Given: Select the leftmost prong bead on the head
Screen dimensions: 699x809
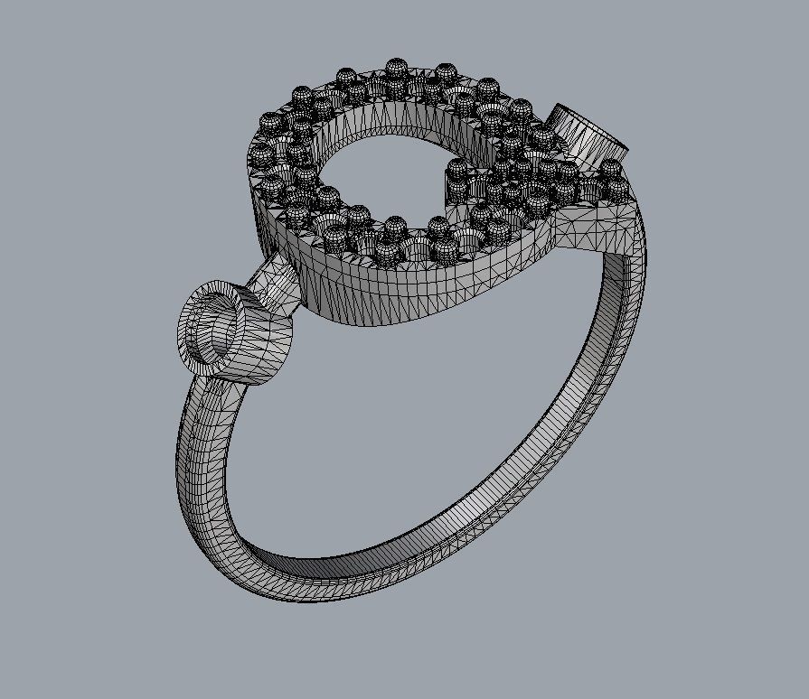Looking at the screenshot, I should (x=259, y=154).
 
